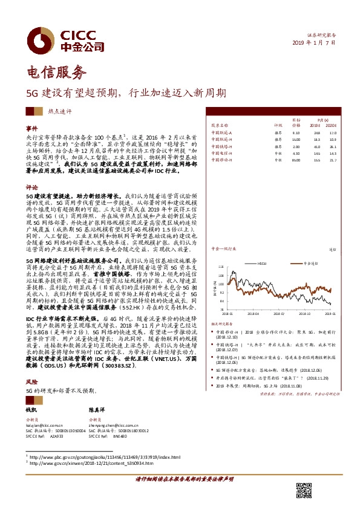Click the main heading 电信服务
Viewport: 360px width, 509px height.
point(53,73)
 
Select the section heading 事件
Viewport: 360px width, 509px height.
point(31,129)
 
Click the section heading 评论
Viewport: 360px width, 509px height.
point(31,187)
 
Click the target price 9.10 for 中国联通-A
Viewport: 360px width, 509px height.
point(296,132)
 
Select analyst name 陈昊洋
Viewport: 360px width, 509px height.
point(97,410)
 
